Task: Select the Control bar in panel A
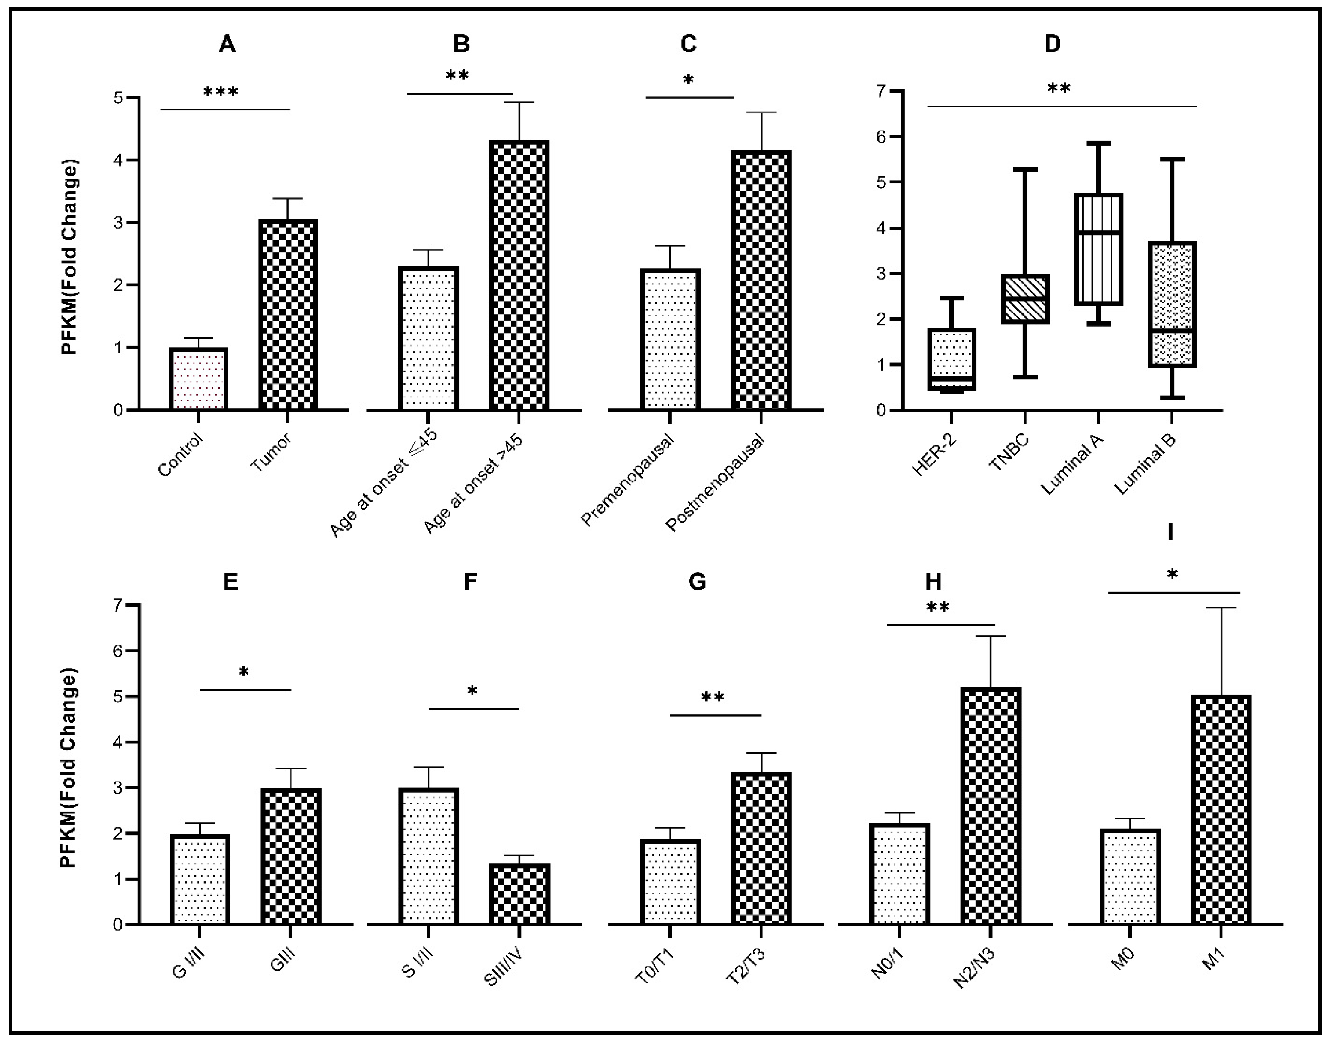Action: [x=198, y=379]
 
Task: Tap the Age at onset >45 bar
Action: [x=519, y=275]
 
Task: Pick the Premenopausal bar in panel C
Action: [x=670, y=339]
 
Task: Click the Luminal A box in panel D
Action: [x=1098, y=249]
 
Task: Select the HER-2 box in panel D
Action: [x=952, y=359]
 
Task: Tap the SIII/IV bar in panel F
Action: [x=519, y=894]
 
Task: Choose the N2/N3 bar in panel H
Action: [x=990, y=806]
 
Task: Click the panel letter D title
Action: [x=1053, y=44]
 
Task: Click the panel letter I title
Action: [x=1170, y=531]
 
